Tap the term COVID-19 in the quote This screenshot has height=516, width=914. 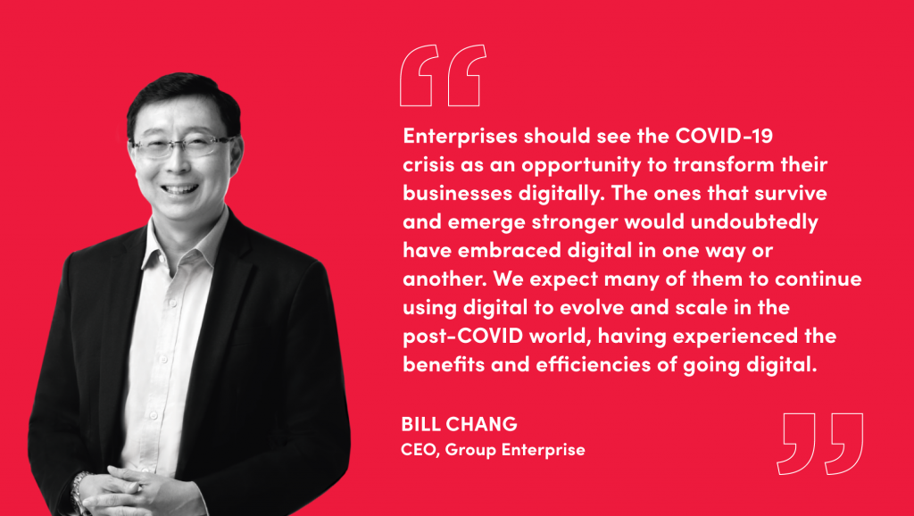pyautogui.click(x=724, y=136)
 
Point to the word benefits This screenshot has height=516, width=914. pyautogui.click(x=445, y=364)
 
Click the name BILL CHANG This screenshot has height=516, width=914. pyautogui.click(x=460, y=424)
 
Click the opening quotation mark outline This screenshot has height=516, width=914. pyautogui.click(x=443, y=75)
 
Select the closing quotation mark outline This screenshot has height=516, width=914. pyautogui.click(x=819, y=444)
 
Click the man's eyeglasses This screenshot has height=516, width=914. pyautogui.click(x=184, y=146)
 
